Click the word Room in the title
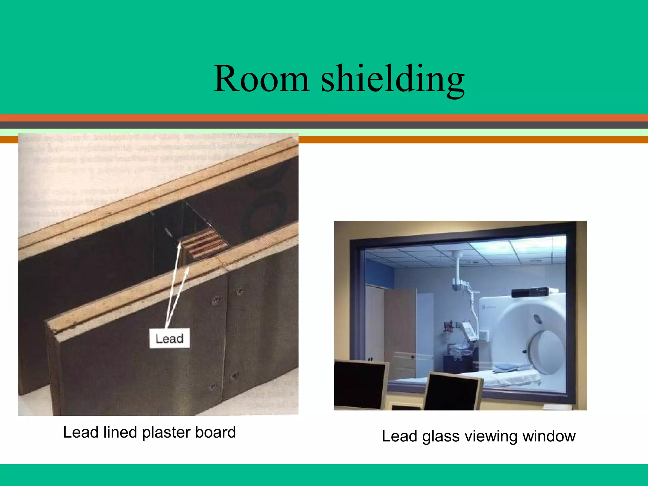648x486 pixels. point(261,79)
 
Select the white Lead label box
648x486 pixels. point(169,339)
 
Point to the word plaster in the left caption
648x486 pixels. point(166,432)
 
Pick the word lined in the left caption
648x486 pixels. point(121,432)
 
